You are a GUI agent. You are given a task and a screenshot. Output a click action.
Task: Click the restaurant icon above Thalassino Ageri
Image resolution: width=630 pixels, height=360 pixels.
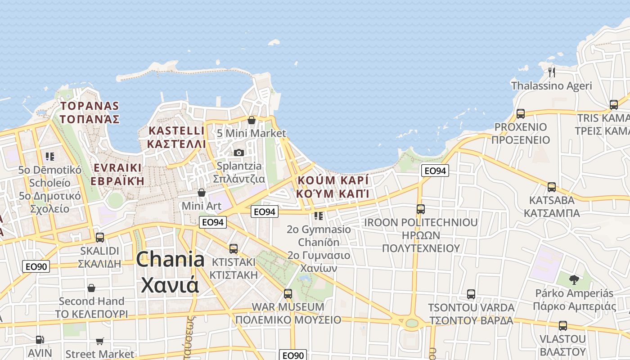pos(552,72)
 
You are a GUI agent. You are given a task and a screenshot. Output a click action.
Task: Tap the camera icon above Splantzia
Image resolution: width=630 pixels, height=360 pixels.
pos(239,153)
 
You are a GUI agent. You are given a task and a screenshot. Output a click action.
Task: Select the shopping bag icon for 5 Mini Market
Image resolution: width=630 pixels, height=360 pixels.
pos(252,120)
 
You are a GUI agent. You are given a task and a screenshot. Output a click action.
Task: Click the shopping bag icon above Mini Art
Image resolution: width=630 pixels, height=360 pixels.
pos(201,193)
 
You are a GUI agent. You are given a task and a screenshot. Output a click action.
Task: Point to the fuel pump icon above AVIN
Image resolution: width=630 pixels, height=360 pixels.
pos(40,340)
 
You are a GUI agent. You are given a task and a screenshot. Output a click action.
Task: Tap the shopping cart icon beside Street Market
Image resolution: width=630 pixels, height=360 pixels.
pos(99,342)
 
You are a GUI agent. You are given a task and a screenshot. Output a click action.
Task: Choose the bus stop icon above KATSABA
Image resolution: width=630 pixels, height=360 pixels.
pos(551,187)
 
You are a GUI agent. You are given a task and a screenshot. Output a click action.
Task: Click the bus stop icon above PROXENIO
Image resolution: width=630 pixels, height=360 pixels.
pos(521,113)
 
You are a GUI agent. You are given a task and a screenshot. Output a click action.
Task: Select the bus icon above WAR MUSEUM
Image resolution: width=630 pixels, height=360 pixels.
pos(288,294)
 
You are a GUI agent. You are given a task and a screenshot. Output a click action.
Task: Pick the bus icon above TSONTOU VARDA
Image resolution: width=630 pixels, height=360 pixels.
pos(471,294)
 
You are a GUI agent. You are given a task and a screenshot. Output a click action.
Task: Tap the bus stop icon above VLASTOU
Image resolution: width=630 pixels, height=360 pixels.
pos(562,325)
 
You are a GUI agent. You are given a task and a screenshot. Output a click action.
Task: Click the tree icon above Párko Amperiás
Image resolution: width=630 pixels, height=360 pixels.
pos(574,280)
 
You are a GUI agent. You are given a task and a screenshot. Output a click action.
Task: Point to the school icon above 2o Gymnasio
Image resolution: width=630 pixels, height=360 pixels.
pos(319,216)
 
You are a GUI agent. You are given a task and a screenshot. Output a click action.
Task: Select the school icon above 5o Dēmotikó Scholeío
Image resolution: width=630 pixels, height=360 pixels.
pos(49,157)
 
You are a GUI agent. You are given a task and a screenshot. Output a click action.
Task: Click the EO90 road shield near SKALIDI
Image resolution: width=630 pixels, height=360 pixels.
pos(36,266)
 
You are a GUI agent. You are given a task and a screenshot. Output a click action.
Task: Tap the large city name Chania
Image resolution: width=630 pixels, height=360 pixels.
pos(170,260)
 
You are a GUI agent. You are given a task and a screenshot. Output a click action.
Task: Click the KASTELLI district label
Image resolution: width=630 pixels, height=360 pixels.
pos(177,131)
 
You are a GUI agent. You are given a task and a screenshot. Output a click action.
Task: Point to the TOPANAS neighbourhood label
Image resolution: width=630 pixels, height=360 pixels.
pos(90,106)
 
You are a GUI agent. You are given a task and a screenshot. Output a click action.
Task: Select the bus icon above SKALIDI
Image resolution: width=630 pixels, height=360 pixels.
pos(100,237)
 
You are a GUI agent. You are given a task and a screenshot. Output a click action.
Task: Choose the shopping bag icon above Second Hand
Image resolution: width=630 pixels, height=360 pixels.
pos(91,288)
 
